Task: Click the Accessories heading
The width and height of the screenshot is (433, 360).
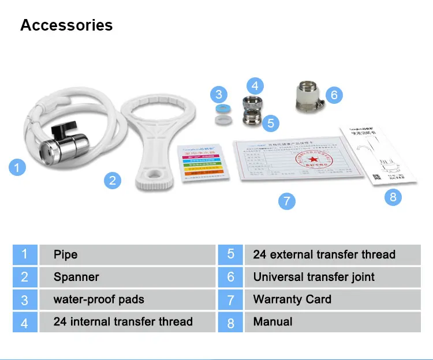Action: pos(66,25)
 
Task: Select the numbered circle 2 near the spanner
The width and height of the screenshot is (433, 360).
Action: pos(113,181)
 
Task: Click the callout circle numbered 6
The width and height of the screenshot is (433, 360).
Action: pos(334,94)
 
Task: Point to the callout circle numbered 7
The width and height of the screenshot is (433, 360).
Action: pos(286,201)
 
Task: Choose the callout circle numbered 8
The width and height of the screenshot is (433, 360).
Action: pos(393,197)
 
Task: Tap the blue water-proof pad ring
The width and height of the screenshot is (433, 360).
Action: pos(219,109)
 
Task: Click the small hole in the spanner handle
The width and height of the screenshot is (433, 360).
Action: pos(154,175)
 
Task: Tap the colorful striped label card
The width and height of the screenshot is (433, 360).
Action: pos(202,163)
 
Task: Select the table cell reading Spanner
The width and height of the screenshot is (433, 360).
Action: pos(127,277)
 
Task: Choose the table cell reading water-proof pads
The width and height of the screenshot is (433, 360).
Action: pos(127,299)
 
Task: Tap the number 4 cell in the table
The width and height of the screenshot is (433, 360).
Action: pos(25,322)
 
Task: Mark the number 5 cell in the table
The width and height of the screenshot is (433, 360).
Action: pos(231,254)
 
